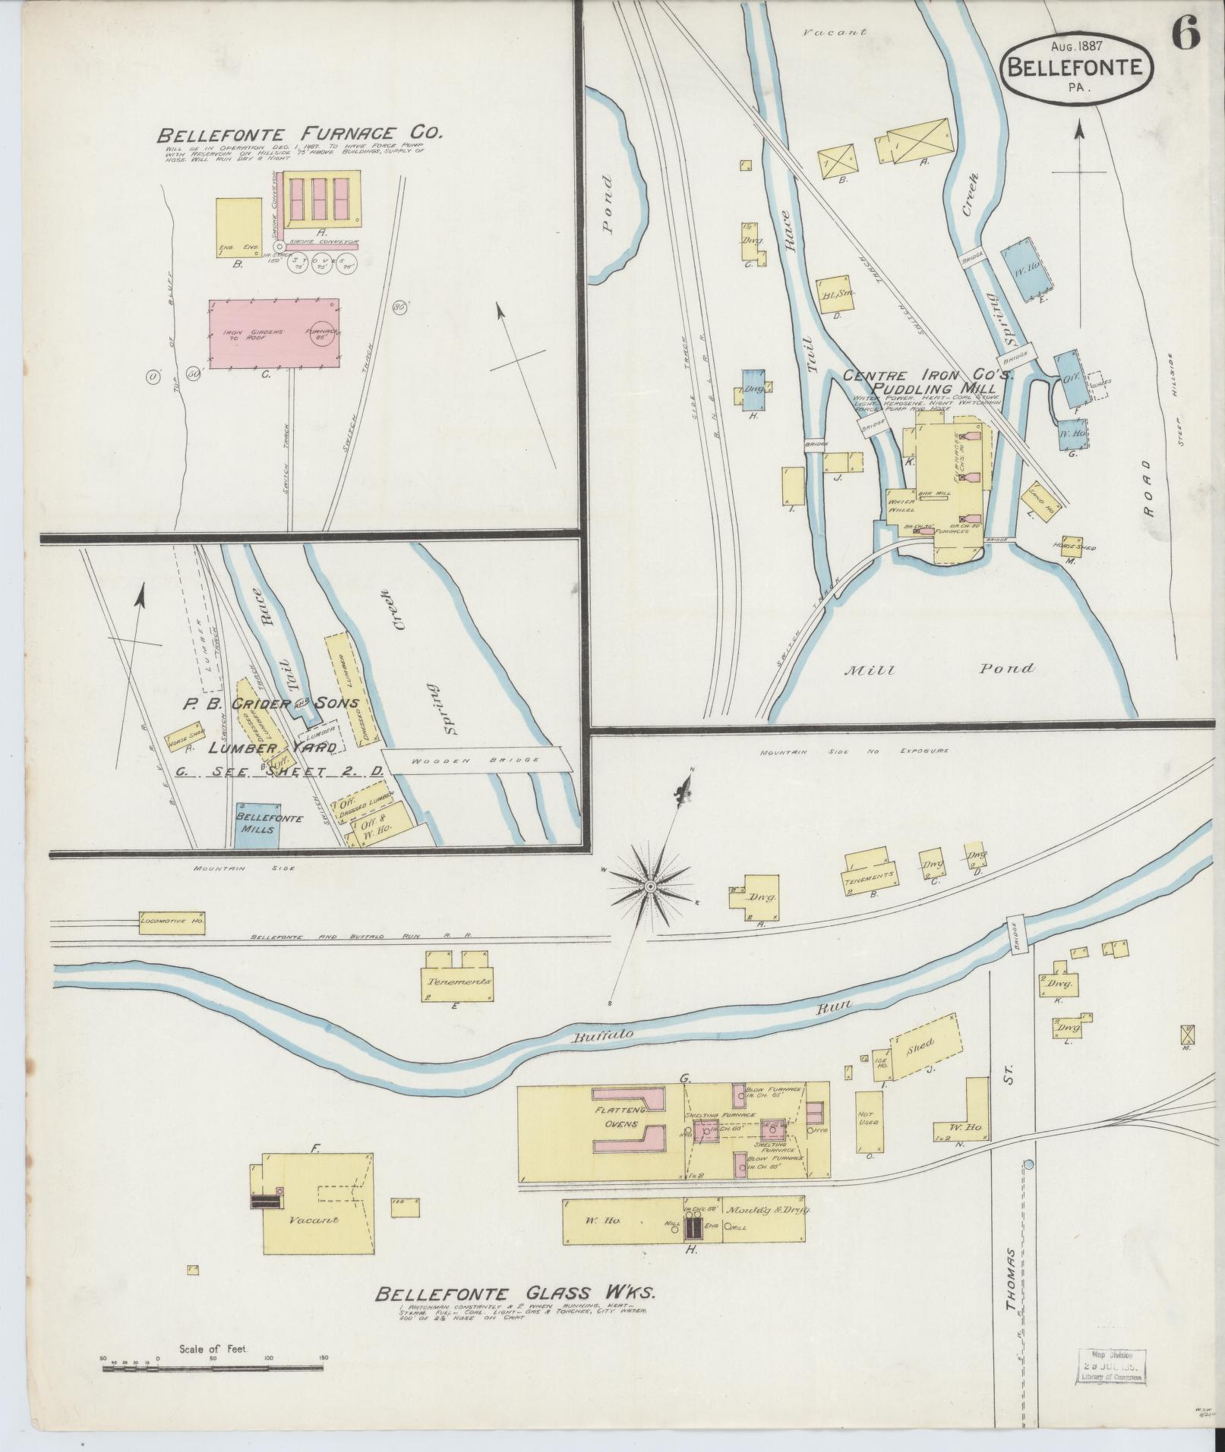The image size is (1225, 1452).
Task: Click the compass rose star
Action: pos(650,886)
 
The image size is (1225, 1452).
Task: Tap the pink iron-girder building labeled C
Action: pos(274,334)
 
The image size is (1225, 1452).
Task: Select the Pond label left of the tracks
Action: pos(607,205)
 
